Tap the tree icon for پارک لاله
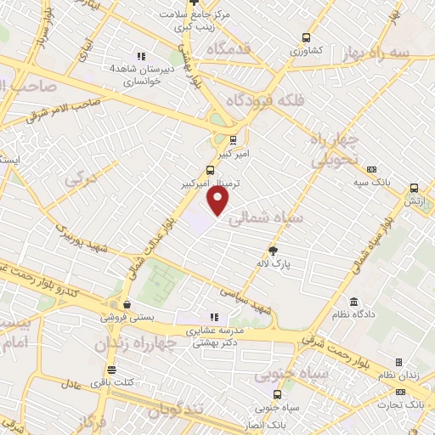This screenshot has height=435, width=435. [x=273, y=250]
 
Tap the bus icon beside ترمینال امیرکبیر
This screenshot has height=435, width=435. [x=211, y=169]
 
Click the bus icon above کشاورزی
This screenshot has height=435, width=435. [x=306, y=37]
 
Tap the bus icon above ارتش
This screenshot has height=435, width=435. [x=414, y=188]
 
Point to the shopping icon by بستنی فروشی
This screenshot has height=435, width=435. [x=127, y=303]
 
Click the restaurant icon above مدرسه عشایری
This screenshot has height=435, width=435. [x=214, y=317]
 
